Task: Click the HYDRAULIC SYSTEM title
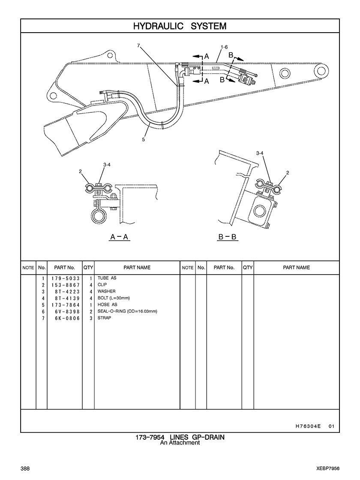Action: (180, 26)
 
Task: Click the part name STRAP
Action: (104, 318)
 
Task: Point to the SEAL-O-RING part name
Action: (127, 311)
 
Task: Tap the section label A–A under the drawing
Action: (120, 237)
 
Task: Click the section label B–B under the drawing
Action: (227, 237)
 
